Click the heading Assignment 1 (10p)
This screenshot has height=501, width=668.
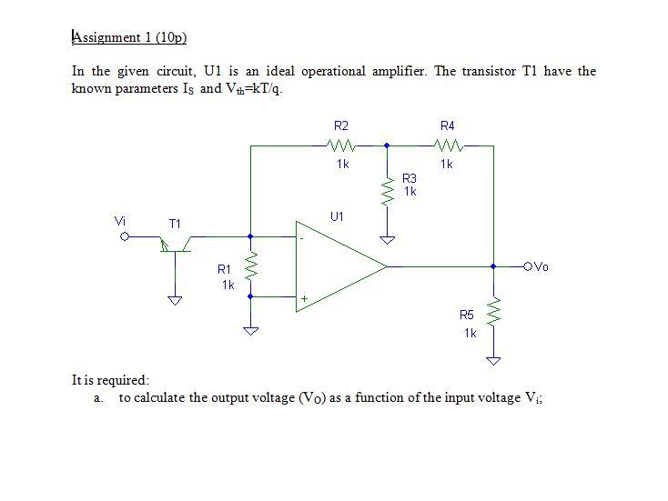coord(129,37)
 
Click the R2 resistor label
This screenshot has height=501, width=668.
coord(341,125)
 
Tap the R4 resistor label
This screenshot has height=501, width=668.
coord(447,125)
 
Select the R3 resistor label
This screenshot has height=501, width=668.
coord(410,179)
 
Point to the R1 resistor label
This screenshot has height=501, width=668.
coord(224,269)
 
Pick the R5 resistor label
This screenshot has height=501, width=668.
coord(467,315)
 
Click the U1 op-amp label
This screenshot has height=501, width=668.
coord(338,216)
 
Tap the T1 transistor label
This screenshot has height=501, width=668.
coord(175,223)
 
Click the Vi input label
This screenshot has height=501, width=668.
coord(120,220)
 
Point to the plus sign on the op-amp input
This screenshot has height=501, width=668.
coord(305,297)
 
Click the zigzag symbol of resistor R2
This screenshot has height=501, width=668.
coord(341,145)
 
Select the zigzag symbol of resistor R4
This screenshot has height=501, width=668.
coord(448,145)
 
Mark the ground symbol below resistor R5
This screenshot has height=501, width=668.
coord(493,361)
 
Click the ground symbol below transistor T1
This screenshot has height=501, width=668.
coord(175,300)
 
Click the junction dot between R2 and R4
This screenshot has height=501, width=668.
coord(387,145)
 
